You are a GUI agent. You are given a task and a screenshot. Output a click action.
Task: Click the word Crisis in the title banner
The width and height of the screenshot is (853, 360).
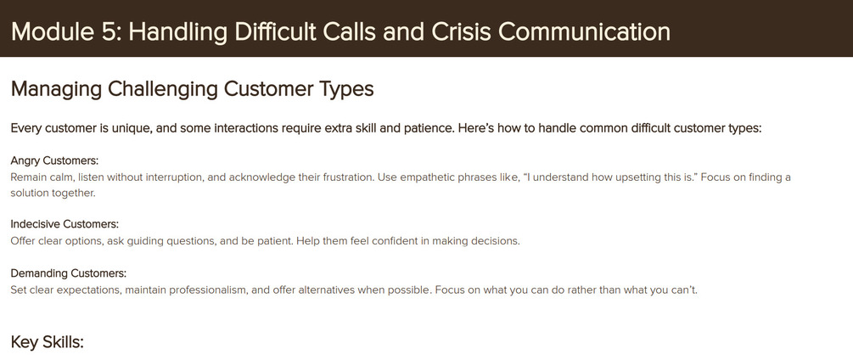tap(461, 32)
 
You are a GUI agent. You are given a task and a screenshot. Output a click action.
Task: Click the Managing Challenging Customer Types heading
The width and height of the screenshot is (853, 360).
tap(192, 89)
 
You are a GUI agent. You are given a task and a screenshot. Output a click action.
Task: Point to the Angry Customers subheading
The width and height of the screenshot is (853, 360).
tap(54, 161)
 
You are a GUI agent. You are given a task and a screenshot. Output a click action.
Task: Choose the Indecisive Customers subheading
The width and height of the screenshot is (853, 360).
tap(65, 224)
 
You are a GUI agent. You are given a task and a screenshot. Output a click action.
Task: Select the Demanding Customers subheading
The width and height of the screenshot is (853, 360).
tap(69, 273)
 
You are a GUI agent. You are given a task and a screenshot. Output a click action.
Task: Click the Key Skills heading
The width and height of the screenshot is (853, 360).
tap(48, 343)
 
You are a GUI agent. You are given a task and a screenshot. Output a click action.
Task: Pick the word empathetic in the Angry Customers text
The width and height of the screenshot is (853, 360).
tap(429, 177)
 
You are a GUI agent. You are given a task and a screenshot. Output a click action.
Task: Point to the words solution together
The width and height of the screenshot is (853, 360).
tap(53, 193)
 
